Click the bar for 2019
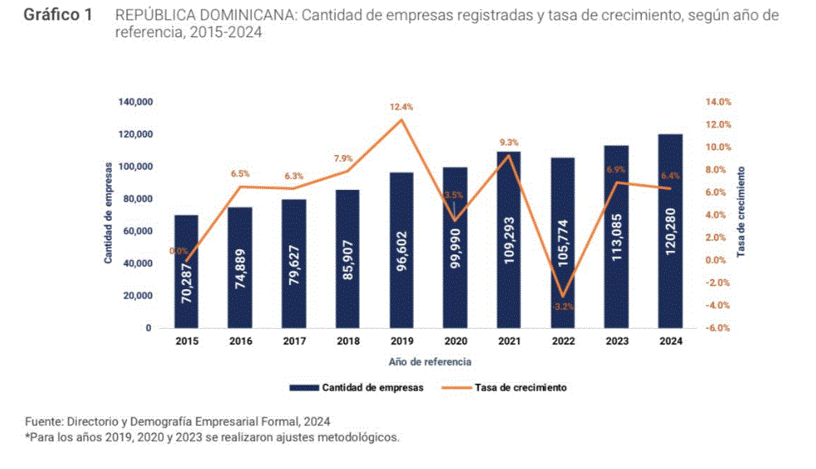tap(401, 249)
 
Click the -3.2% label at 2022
tap(563, 307)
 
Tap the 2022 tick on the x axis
tap(563, 341)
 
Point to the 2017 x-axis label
tap(294, 341)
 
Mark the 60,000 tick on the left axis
tap(137, 231)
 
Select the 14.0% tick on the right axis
tap(718, 102)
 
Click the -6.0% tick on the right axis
tap(718, 328)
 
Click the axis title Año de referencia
tap(430, 362)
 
